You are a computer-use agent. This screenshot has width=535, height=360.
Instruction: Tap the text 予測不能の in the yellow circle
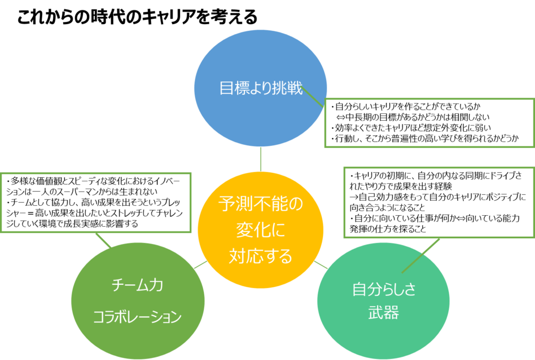(260, 204)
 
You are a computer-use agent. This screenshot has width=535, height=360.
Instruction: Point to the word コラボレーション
(137, 317)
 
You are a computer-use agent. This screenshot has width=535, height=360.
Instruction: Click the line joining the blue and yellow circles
(261, 159)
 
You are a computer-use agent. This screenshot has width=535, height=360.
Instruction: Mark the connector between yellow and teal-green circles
(321, 265)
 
